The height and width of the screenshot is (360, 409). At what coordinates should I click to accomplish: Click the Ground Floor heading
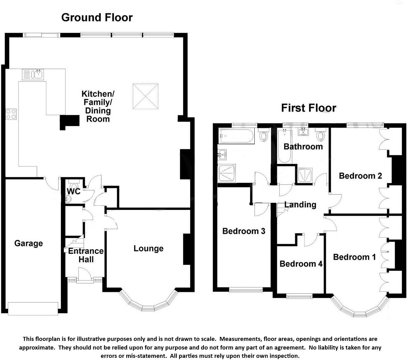[97, 18]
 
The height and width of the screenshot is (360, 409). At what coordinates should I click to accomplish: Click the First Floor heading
[308, 108]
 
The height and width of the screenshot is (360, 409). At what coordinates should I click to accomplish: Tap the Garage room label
[29, 243]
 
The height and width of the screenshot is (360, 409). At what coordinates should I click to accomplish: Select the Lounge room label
[148, 248]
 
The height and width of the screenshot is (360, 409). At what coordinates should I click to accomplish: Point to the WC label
[74, 191]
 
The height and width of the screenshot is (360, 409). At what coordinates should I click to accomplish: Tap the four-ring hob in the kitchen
[11, 114]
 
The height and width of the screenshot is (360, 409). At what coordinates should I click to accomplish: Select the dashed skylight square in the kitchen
[145, 96]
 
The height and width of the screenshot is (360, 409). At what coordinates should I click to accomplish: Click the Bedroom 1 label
[354, 257]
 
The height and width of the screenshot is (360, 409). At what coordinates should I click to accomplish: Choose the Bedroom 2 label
[360, 176]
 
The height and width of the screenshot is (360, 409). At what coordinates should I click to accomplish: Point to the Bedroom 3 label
[244, 231]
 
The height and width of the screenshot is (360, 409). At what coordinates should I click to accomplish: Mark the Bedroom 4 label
[301, 264]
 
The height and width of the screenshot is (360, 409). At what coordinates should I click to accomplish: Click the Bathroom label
[303, 146]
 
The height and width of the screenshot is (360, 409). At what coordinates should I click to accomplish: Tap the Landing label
[300, 205]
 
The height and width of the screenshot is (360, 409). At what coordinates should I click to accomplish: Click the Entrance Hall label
[86, 255]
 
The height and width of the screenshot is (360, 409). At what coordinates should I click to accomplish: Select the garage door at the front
[33, 309]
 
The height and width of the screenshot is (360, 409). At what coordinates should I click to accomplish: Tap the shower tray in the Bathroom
[305, 175]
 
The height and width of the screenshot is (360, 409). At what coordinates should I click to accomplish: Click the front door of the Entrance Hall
[85, 275]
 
